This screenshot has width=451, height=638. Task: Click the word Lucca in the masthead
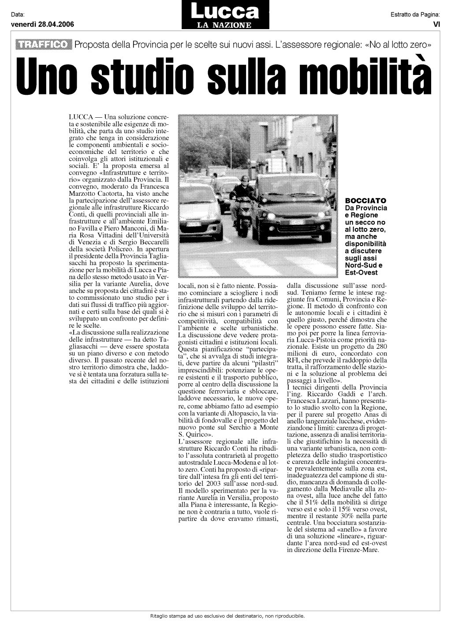tap(225, 11)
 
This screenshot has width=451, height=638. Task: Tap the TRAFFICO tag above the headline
tap(43, 44)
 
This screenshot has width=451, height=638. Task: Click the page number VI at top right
tap(436, 25)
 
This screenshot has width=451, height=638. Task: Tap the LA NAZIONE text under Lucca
tap(224, 26)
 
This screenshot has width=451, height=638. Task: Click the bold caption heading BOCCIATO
tap(365, 201)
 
